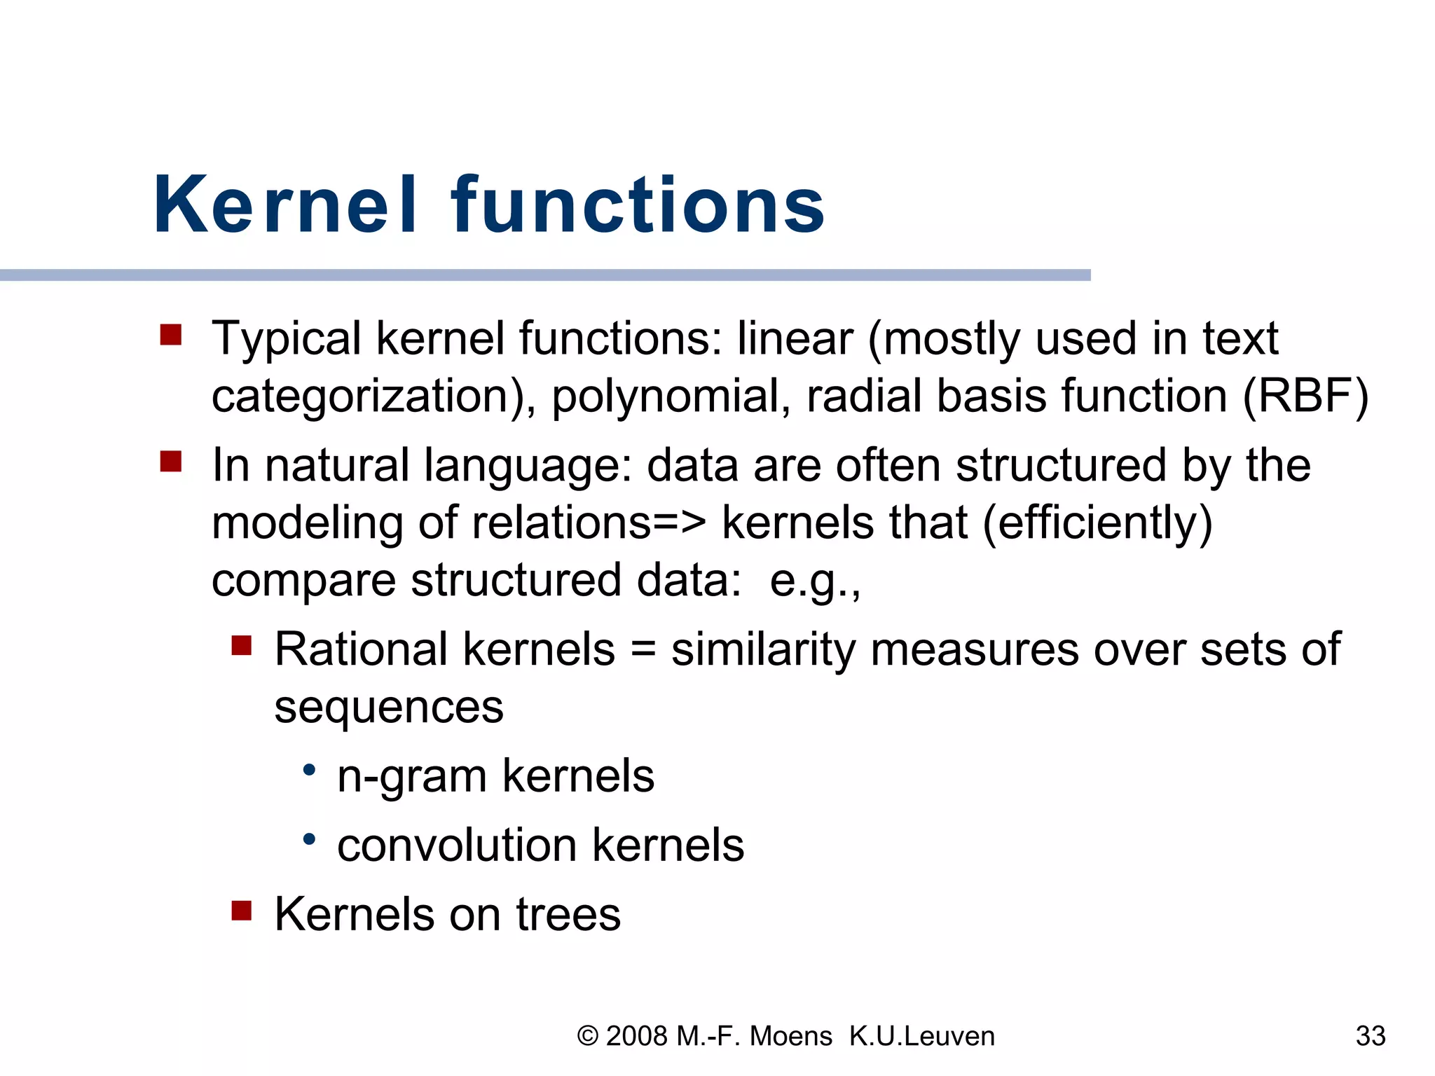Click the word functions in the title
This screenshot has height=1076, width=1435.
point(638,205)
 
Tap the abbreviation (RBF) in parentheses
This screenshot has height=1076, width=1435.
point(1305,396)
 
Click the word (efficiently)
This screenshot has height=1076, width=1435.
point(1097,524)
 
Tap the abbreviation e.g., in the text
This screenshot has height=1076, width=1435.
point(814,581)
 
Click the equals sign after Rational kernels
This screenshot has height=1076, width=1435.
point(643,650)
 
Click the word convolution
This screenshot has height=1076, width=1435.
point(456,846)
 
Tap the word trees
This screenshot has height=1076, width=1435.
point(568,915)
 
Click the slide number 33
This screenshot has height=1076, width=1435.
point(1371,1036)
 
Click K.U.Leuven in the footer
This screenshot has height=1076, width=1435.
point(921,1036)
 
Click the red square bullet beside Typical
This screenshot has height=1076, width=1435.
point(171,335)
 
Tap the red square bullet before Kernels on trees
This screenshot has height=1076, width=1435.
point(241,911)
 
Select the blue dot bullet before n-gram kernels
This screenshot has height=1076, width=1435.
point(309,771)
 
